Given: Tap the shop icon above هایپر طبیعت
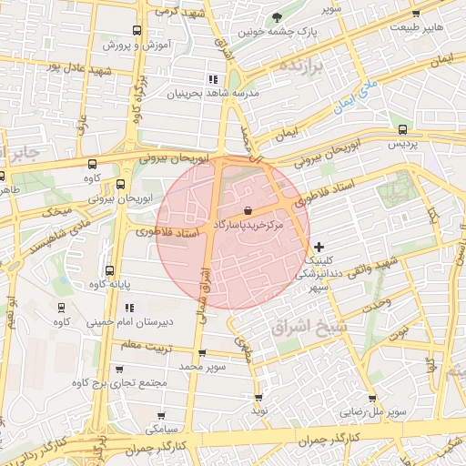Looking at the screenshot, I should (x=416, y=13).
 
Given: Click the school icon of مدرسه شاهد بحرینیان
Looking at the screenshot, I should (x=213, y=78).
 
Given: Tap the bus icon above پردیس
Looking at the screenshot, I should (x=402, y=129).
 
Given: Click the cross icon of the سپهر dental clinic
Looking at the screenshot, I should (x=318, y=247).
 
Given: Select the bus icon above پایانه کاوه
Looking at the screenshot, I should (x=110, y=270).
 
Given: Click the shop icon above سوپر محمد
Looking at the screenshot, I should (x=201, y=353).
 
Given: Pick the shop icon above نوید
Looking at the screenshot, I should (x=258, y=398).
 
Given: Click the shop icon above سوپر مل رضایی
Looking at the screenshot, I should (x=371, y=398).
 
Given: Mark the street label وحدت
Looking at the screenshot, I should (x=375, y=301).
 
